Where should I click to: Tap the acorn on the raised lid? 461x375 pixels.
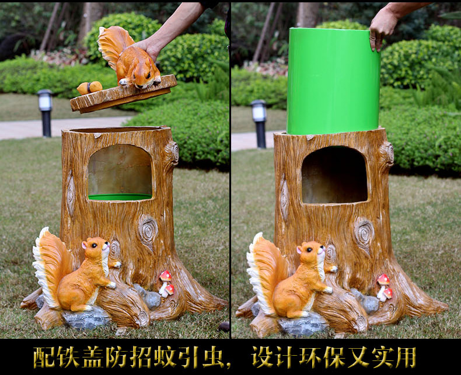90,88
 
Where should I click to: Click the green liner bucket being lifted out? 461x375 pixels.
333,82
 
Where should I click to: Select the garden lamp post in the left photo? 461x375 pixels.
46,113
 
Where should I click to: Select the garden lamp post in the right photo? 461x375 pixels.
259,124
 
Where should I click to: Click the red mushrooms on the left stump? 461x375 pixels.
166,283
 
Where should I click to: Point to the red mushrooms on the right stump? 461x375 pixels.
385,287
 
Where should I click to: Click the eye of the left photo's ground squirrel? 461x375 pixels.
94,245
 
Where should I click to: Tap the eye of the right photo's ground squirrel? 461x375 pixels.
309,249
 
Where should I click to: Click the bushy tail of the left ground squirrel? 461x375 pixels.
50,265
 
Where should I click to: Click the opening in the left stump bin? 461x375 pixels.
120,172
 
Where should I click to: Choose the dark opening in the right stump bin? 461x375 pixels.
334,175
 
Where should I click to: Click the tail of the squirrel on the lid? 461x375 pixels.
113,44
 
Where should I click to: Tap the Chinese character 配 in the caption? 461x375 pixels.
44,357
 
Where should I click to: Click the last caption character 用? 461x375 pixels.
406,357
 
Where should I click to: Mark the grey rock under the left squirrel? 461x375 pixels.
86,318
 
